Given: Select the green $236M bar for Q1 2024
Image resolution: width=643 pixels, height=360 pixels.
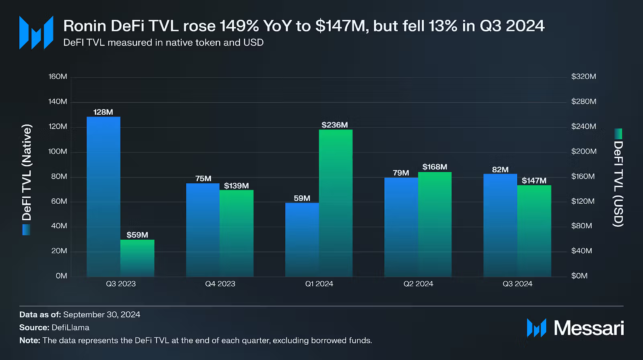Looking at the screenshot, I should [336, 203].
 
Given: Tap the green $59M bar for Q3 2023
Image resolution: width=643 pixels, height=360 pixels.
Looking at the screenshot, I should [137, 258].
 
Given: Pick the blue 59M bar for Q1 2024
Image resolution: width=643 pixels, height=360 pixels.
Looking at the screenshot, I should [302, 240].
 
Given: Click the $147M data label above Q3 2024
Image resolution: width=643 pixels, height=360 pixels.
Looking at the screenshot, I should [534, 181].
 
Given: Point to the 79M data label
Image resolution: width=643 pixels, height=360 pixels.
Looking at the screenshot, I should [401, 173].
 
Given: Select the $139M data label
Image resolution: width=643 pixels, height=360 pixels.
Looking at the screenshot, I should [236, 186].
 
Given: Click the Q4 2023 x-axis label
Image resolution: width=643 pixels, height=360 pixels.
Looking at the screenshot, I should [220, 284].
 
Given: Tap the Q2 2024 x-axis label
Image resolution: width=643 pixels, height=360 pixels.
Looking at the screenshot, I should [418, 284].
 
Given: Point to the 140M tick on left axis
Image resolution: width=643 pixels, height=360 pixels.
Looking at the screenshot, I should [58, 101].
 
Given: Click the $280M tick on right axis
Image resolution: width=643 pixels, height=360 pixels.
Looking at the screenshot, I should [583, 101].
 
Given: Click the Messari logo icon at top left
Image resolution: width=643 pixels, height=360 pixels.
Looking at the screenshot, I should [36, 33].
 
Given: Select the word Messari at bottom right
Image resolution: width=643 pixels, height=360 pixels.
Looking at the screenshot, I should [589, 328].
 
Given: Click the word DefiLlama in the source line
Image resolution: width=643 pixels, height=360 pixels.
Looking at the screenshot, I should [71, 327].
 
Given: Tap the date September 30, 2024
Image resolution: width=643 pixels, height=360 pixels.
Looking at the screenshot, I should [102, 314].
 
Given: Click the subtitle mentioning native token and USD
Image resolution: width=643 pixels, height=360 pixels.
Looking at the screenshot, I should [163, 43].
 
